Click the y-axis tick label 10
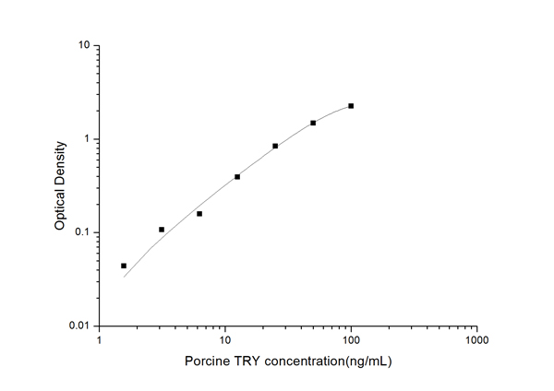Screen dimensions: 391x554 coord(82,45)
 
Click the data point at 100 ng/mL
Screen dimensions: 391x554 coord(351,106)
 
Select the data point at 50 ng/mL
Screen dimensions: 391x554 coord(313,123)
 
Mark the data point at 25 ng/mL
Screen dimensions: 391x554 coord(275,146)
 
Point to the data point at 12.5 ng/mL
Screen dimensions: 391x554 coord(237,176)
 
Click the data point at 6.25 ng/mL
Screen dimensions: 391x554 coord(199,214)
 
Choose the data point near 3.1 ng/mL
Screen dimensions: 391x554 coord(162,230)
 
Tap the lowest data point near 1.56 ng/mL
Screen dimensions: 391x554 coord(124,266)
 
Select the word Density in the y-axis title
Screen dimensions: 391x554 coord(60,160)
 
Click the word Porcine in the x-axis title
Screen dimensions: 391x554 coord(206,361)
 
